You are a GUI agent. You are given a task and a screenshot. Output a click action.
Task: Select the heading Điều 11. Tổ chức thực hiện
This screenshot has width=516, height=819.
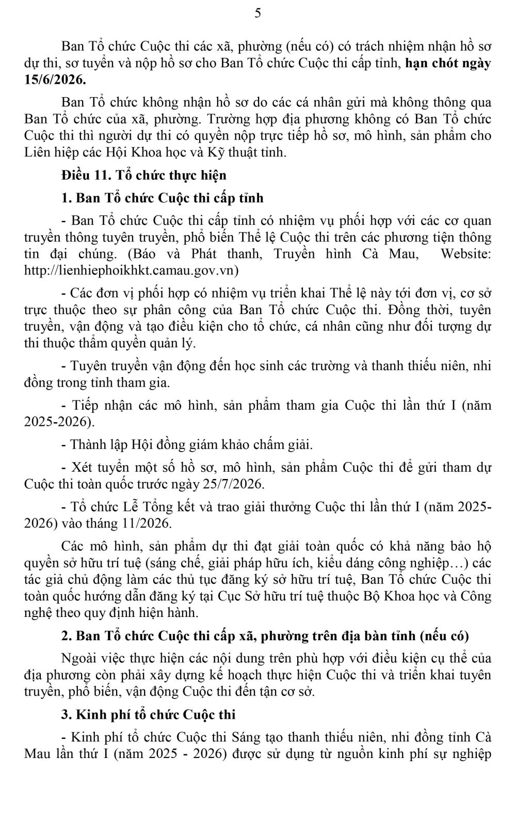(x=143, y=175)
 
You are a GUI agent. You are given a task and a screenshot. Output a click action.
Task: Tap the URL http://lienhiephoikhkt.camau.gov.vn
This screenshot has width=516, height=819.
(x=131, y=270)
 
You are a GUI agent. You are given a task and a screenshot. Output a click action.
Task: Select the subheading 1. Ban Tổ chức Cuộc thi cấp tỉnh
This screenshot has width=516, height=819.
(x=162, y=198)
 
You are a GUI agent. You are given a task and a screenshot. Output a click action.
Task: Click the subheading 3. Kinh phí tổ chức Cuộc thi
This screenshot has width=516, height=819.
(x=148, y=715)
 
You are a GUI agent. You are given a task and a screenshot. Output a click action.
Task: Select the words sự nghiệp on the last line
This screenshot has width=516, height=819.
(x=464, y=754)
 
